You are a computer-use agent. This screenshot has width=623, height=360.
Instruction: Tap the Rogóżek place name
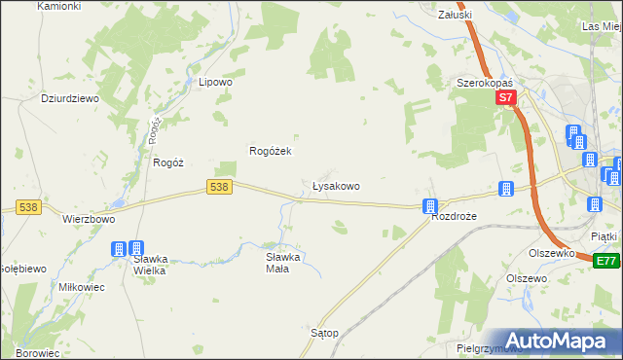pyautogui.click(x=272, y=152)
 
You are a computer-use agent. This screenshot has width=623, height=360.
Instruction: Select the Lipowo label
pyautogui.click(x=215, y=83)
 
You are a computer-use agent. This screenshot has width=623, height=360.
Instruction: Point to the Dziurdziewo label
pyautogui.click(x=44, y=98)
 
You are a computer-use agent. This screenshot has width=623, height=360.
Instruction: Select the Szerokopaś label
pyautogui.click(x=486, y=84)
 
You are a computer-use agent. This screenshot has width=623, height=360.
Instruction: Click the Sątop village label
pyautogui.click(x=324, y=333)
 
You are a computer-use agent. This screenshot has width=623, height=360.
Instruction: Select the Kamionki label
pyautogui.click(x=58, y=6)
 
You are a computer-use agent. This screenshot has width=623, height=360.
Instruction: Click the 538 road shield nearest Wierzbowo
pyautogui.click(x=27, y=207)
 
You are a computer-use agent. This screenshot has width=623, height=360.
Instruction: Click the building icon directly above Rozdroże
pyautogui.click(x=430, y=205)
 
